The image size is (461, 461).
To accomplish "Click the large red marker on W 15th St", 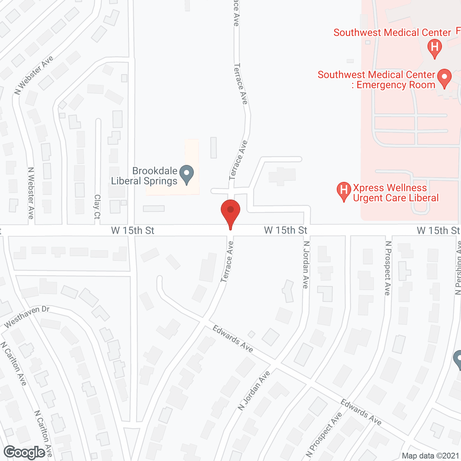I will click(230, 212).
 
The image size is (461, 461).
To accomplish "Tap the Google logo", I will click(24, 452).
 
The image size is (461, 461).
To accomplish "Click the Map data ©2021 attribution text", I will click(431, 456).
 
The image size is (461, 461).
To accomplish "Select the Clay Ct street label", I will click(97, 207).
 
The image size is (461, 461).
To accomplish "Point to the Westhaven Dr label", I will click(27, 317).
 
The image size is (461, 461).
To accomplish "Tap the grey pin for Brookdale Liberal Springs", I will click(187, 174).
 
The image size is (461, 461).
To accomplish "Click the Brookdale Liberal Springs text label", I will click(144, 176).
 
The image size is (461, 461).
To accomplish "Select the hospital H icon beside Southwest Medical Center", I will click(435, 48).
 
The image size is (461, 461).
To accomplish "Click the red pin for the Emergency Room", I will click(444, 78).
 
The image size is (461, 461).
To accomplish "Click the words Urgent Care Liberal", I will click(396, 198).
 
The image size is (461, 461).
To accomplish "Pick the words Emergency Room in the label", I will click(396, 85).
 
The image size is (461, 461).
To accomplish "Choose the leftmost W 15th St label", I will click(133, 230).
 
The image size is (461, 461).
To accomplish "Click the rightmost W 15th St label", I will click(438, 230).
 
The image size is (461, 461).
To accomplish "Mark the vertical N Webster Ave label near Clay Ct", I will click(31, 193).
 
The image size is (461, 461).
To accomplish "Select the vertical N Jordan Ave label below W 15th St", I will click(306, 265).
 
